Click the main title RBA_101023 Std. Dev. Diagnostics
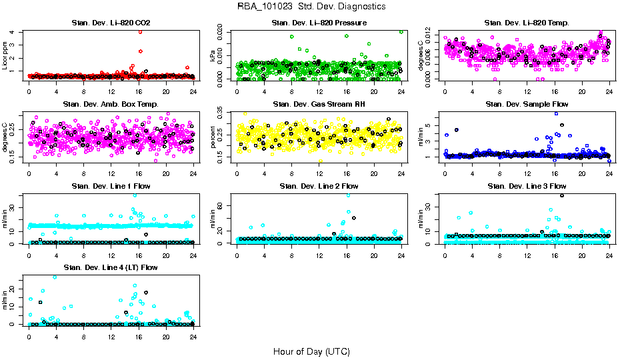(x=311, y=7)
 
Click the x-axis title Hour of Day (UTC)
(x=311, y=351)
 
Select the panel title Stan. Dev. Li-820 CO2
(x=111, y=23)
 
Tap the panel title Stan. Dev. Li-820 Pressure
(x=319, y=23)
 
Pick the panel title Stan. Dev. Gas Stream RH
(x=319, y=105)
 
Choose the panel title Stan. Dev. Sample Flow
(x=527, y=105)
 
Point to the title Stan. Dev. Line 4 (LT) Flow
(x=111, y=268)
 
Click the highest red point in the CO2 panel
(x=140, y=31)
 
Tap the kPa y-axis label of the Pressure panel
(x=213, y=56)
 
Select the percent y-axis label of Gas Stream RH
(x=213, y=137)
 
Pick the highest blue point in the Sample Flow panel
(x=557, y=113)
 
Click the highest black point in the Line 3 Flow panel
(x=562, y=195)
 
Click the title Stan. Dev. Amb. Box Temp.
(x=111, y=105)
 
